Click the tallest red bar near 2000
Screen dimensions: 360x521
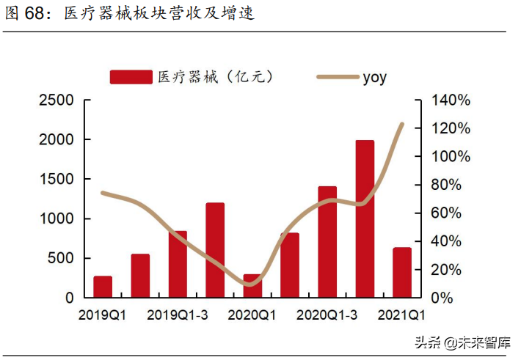pos(365,218)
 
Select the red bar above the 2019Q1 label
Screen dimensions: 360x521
pos(103,287)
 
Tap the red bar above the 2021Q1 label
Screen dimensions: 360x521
pos(402,272)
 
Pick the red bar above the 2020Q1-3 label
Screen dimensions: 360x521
pos(327,242)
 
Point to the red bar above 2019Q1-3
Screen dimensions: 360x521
pos(178,264)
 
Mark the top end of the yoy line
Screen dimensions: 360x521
pos(402,124)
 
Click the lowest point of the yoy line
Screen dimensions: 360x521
pos(250,284)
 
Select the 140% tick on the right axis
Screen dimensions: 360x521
pos(449,100)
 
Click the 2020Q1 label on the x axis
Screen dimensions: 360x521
pos(252,315)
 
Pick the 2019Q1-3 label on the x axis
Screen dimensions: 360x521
pos(177,315)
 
